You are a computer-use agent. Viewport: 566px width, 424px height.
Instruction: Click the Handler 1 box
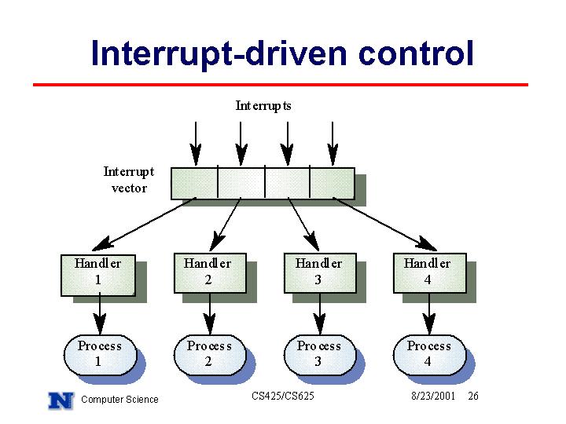(x=98, y=276)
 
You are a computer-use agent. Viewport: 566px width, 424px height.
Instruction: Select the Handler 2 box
(x=211, y=273)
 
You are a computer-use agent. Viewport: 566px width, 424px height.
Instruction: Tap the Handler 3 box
(x=320, y=273)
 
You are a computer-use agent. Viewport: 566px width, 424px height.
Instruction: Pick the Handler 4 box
(x=429, y=273)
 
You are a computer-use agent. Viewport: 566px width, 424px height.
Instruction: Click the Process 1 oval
(x=101, y=355)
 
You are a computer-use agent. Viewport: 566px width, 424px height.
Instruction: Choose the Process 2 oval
(x=210, y=355)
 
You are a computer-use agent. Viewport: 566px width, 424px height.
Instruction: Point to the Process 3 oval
(x=320, y=355)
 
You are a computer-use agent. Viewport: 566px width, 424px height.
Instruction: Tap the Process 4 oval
(x=429, y=355)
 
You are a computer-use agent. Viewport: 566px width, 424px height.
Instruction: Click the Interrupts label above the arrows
(x=263, y=106)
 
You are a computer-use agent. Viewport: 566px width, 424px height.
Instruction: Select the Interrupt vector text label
(x=129, y=180)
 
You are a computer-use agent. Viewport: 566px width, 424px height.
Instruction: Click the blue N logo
(x=61, y=400)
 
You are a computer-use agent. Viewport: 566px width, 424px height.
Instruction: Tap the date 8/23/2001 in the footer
(x=433, y=397)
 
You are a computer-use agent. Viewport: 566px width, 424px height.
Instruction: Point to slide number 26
(x=473, y=397)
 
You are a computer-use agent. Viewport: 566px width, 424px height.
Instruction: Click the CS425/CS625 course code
(x=283, y=397)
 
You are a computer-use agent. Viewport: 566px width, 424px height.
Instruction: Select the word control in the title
(x=416, y=53)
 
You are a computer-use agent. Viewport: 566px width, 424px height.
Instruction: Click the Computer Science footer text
(x=119, y=400)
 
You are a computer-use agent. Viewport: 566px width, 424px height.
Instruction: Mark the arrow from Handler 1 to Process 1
(x=100, y=313)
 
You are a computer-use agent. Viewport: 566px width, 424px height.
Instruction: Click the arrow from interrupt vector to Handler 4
(x=384, y=224)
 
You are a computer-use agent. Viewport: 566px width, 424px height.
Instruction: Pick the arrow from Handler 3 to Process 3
(x=320, y=314)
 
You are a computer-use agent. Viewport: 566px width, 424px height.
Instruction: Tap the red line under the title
(x=281, y=85)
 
